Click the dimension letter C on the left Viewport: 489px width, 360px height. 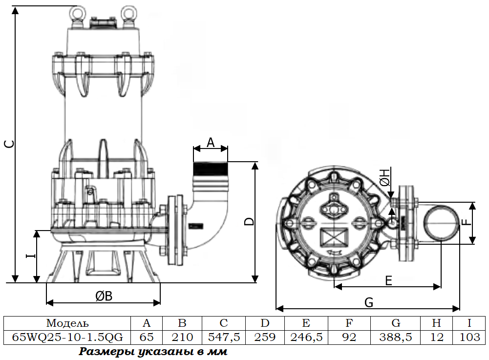[x=10, y=144]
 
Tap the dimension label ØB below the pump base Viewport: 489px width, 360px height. [x=104, y=296]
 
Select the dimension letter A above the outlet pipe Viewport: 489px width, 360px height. [x=211, y=143]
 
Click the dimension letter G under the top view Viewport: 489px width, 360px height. [x=369, y=302]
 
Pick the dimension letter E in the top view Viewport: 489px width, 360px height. [x=388, y=281]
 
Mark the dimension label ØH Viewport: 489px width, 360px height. [x=385, y=177]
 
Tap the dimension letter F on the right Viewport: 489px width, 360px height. [x=466, y=222]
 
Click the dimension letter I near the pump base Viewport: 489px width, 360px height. [x=31, y=256]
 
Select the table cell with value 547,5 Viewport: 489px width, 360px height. [x=224, y=337]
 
